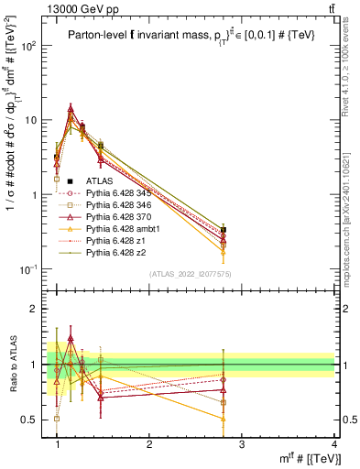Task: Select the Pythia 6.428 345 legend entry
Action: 120,193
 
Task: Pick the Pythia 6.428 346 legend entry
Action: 120,205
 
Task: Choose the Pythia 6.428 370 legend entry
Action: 120,217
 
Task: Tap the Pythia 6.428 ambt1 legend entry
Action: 122,229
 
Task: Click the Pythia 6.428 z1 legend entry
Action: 116,241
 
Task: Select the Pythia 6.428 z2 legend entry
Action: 116,253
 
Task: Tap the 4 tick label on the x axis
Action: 333,445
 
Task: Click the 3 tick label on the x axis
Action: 241,445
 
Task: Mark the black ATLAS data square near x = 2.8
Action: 224,230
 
